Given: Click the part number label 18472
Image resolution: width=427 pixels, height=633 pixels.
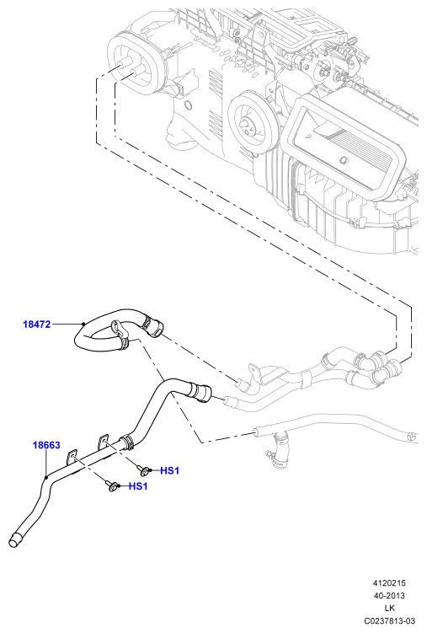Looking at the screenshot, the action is point(37,325).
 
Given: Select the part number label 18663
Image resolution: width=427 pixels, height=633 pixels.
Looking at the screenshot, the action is point(46,445).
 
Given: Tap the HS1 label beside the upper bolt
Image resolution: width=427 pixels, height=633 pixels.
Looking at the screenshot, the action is point(170,470).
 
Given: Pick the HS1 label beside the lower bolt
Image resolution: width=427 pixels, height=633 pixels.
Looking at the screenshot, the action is point(138,486).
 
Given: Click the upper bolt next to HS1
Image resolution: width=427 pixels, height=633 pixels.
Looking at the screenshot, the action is point(143,469).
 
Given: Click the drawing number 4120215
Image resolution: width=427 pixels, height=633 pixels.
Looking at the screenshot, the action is point(389,583).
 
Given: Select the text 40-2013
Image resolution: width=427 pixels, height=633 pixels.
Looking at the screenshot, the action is point(389,596).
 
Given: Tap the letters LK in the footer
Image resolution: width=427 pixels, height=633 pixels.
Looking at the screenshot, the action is point(389,608).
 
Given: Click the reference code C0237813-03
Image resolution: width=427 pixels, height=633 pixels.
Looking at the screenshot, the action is point(389,621).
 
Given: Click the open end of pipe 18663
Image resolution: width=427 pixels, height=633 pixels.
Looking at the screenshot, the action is point(14,540).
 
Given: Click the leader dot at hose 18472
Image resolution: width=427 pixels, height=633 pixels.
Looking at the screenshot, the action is point(83,324).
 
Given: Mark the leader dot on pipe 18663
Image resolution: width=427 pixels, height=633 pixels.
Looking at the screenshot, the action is point(46,477).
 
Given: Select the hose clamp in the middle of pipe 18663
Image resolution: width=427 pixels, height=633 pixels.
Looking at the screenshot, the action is point(127,441).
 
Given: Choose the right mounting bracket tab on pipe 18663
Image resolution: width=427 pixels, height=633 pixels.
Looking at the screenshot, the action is point(104,441).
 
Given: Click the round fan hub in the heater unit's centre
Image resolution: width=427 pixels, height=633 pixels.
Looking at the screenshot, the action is point(248,124).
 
